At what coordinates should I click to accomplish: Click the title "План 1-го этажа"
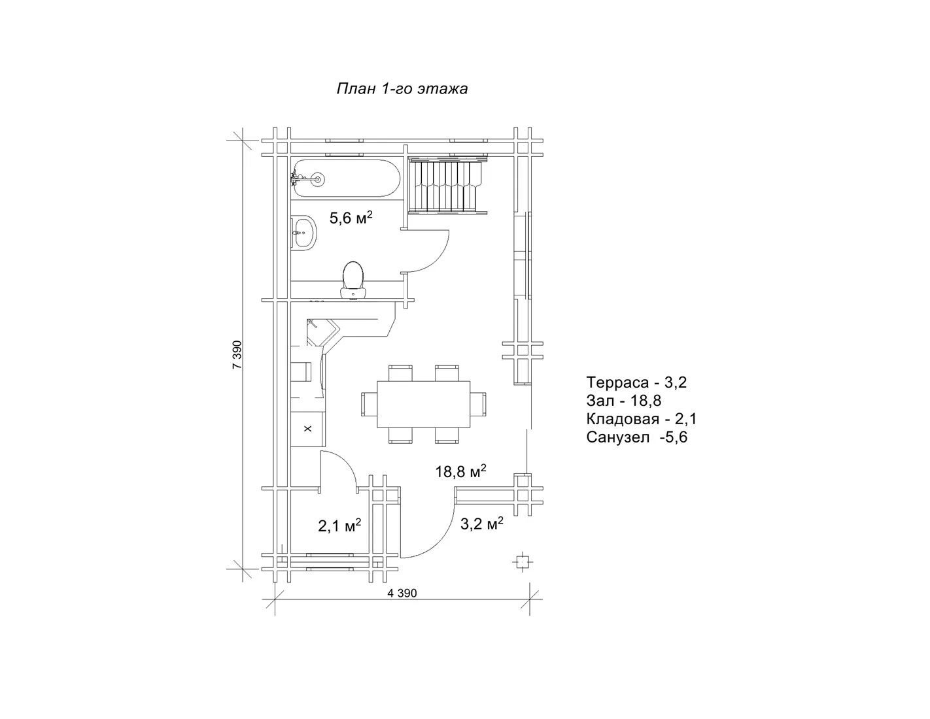(402, 88)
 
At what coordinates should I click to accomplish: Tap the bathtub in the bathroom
(346, 179)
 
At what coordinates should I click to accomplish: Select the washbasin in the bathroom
(304, 233)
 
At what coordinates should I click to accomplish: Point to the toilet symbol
(353, 280)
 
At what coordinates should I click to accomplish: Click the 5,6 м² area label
(351, 218)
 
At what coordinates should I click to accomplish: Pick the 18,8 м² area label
(460, 471)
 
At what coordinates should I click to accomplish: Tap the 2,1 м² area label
(339, 526)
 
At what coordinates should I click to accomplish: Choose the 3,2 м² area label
(481, 524)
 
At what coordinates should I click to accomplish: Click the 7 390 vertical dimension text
(237, 354)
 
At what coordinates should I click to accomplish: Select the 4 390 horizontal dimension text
(402, 593)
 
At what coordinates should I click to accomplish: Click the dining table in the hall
(423, 404)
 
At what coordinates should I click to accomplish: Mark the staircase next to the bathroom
(447, 185)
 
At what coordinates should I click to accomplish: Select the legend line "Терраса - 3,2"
(636, 382)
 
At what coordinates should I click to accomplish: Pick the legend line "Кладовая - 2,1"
(642, 419)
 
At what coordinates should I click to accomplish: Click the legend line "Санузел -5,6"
(637, 437)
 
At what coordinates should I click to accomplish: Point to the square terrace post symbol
(522, 561)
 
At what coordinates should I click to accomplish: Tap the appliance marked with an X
(308, 429)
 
